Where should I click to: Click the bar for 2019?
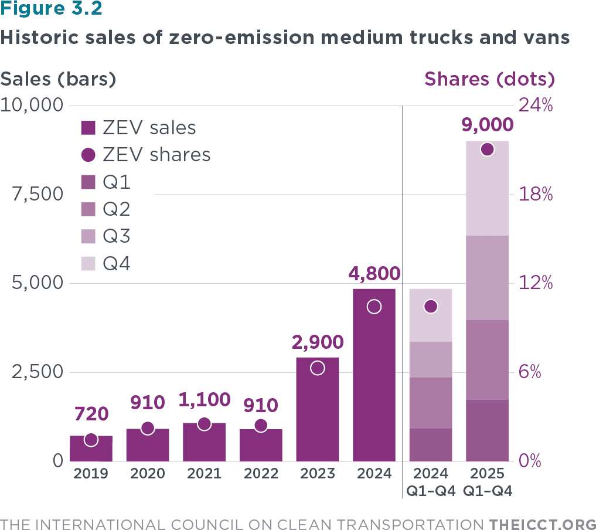point(91,449)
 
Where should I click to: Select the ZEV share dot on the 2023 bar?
point(318,368)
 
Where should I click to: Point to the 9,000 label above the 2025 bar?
point(487,125)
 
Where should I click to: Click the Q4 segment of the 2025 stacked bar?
point(487,188)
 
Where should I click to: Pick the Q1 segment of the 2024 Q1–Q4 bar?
point(431,444)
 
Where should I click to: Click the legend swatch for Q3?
point(88,237)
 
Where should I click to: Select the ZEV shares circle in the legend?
point(88,155)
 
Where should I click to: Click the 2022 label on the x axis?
point(261,474)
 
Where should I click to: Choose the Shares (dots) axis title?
point(489,79)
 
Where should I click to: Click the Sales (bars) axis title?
point(59,79)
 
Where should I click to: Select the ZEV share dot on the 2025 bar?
point(487,150)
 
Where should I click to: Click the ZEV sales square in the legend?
point(88,128)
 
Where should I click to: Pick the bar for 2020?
point(148,445)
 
